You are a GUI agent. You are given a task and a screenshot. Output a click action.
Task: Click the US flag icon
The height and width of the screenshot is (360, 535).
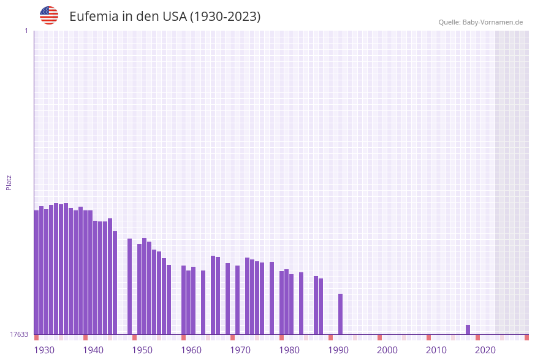[x=49, y=15]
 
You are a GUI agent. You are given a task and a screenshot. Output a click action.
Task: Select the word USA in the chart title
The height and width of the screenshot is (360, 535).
[x=174, y=17]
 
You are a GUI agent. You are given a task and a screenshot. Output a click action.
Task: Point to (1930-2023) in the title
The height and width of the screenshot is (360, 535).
[x=225, y=17]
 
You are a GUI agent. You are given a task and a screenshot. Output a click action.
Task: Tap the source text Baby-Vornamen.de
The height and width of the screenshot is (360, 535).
[x=493, y=22]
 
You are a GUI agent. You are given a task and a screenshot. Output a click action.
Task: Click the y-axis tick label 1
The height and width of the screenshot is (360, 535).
[x=26, y=31]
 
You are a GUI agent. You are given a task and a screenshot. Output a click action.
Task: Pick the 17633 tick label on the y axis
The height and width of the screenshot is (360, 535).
[x=19, y=334]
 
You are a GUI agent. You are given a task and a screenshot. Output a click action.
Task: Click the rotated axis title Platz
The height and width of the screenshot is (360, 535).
[x=9, y=182]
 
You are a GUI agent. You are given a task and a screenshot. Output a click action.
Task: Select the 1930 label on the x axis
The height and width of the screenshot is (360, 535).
[x=44, y=350]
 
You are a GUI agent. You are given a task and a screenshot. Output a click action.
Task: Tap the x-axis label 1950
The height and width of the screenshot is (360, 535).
[x=142, y=350]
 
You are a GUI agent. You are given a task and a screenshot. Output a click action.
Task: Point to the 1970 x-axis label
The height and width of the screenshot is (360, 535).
[x=240, y=350]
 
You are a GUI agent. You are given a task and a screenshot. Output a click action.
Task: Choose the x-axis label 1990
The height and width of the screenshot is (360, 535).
[x=338, y=350]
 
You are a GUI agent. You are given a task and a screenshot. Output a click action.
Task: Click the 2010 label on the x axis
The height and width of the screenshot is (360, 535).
[x=436, y=350]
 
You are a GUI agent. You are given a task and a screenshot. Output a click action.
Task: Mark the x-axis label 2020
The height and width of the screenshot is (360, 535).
[x=485, y=350]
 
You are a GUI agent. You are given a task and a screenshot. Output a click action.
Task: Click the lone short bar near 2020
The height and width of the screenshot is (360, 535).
[x=468, y=330]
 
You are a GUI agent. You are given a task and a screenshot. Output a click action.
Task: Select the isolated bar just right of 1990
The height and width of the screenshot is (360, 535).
[x=340, y=314]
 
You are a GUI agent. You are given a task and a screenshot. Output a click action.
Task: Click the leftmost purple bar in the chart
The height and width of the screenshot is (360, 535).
[x=36, y=272]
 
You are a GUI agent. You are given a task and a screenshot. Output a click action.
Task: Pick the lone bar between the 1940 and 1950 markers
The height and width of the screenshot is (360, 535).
[x=129, y=286]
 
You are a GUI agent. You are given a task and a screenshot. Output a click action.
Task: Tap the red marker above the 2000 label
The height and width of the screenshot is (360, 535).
[x=379, y=337]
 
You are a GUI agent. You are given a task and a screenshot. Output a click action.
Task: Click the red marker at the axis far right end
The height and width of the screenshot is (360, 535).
[x=526, y=337]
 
